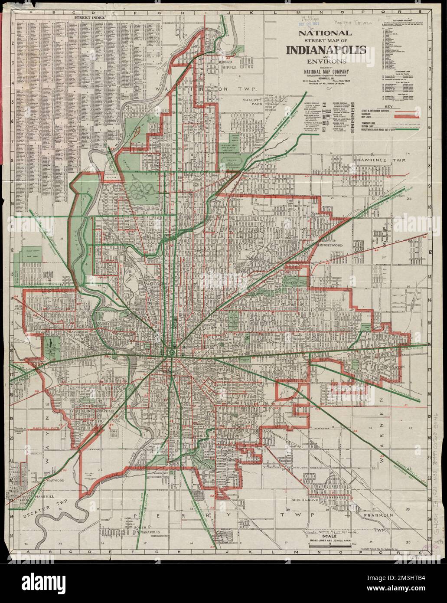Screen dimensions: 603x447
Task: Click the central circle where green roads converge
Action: coord(172,353)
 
